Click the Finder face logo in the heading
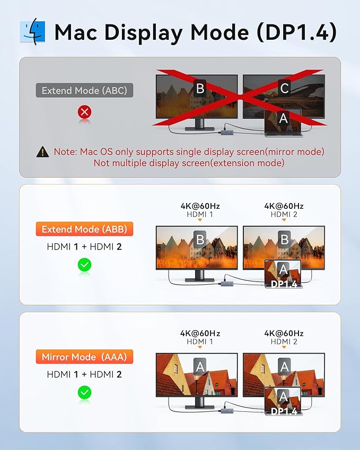(32, 32)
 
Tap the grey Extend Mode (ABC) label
(84, 91)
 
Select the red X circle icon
(84, 112)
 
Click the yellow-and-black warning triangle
(43, 152)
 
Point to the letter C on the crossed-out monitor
(284, 88)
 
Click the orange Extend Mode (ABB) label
(84, 229)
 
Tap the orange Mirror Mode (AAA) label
(84, 357)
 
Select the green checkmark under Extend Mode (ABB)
(84, 264)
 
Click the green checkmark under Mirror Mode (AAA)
(84, 392)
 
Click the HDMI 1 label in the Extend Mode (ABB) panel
(200, 214)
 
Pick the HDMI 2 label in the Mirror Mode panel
(284, 342)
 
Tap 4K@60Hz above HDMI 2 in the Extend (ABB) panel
(284, 206)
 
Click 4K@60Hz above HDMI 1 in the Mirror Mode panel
(200, 333)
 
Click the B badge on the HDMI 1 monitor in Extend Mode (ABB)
(200, 240)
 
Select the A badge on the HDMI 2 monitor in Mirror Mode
(284, 367)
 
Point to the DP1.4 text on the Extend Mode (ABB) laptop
(284, 284)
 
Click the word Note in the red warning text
(64, 152)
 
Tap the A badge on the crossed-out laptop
(283, 118)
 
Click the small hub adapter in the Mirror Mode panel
(226, 411)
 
